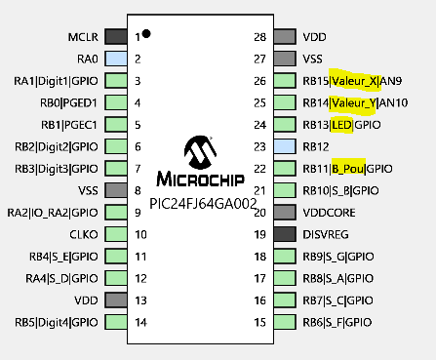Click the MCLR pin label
[x=82, y=37]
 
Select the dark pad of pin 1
[x=115, y=37]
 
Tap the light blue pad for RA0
[x=115, y=59]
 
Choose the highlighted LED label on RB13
[x=341, y=125]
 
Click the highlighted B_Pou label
[x=347, y=168]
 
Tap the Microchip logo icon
[x=203, y=153]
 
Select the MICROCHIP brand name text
[x=203, y=180]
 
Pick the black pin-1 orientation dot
[x=145, y=34]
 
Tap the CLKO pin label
[x=82, y=234]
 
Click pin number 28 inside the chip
[x=260, y=37]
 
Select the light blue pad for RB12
[x=284, y=146]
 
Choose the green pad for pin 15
[x=284, y=322]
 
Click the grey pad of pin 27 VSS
[x=284, y=59]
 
